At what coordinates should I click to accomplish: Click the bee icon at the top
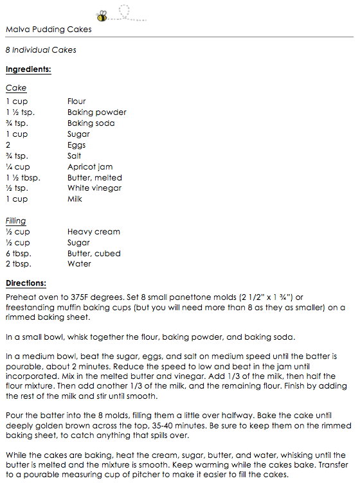point(103,14)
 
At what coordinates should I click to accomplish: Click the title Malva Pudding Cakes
point(48,30)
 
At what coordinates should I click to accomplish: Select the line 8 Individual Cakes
point(40,50)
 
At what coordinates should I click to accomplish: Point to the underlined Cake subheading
point(16,88)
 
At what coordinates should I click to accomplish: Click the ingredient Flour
point(76,101)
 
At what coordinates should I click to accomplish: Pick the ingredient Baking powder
point(96,112)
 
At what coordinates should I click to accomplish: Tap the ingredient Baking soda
point(91,123)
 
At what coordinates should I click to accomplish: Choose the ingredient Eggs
point(76,145)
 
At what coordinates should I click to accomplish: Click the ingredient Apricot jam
point(90,167)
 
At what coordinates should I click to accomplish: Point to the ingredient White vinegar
point(94,189)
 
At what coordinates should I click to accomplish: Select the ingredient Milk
point(75,200)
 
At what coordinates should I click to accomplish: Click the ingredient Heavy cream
point(94,232)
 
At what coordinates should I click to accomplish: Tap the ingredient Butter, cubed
point(94,254)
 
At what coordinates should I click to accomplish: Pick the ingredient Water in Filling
point(79,265)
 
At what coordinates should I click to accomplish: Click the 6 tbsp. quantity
point(19,254)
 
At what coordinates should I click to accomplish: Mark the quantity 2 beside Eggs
point(8,145)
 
